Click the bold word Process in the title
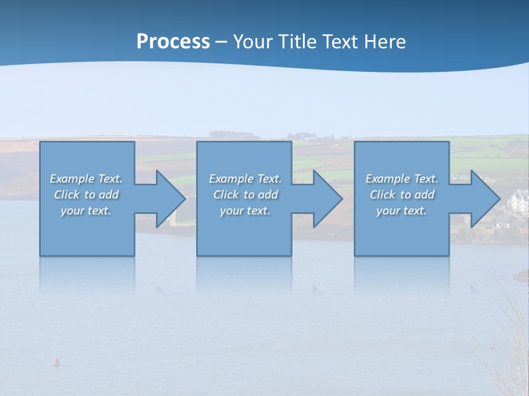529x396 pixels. pyautogui.click(x=173, y=42)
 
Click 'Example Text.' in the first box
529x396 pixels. pyautogui.click(x=87, y=179)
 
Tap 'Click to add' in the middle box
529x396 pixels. pyautogui.click(x=245, y=195)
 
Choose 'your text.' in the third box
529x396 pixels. pyautogui.click(x=402, y=211)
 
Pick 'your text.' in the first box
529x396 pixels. pyautogui.click(x=86, y=211)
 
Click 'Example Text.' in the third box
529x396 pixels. pyautogui.click(x=402, y=179)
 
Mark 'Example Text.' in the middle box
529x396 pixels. pyautogui.click(x=245, y=179)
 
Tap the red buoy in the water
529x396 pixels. pyautogui.click(x=56, y=361)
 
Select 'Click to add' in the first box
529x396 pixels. pyautogui.click(x=87, y=195)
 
